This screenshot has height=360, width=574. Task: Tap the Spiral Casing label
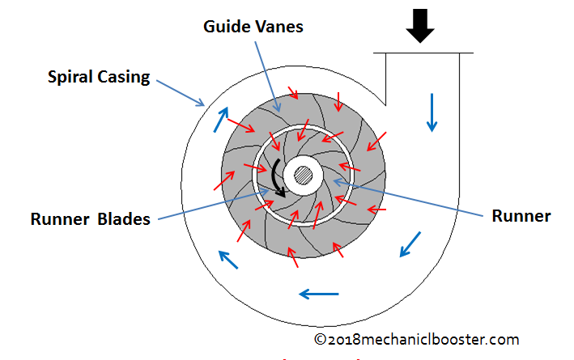99,78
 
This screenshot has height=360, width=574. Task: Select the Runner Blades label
90,219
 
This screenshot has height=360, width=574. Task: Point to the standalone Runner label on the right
521,216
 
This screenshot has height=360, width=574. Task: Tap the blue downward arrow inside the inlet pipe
432,112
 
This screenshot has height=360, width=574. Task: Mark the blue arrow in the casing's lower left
230,259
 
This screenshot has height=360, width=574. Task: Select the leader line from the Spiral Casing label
180,91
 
